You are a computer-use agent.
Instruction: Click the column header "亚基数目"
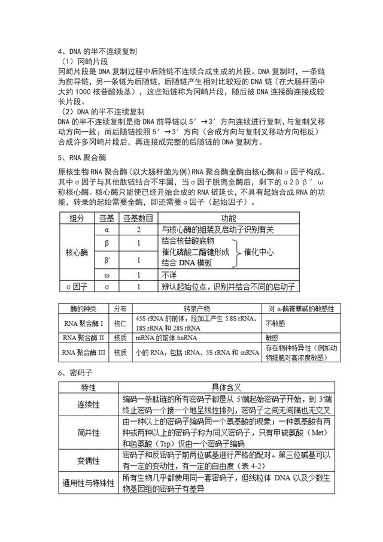click(138, 218)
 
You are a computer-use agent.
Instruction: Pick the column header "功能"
click(228, 218)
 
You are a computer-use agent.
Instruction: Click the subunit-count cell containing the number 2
click(138, 229)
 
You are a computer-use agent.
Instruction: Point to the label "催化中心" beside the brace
click(259, 252)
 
